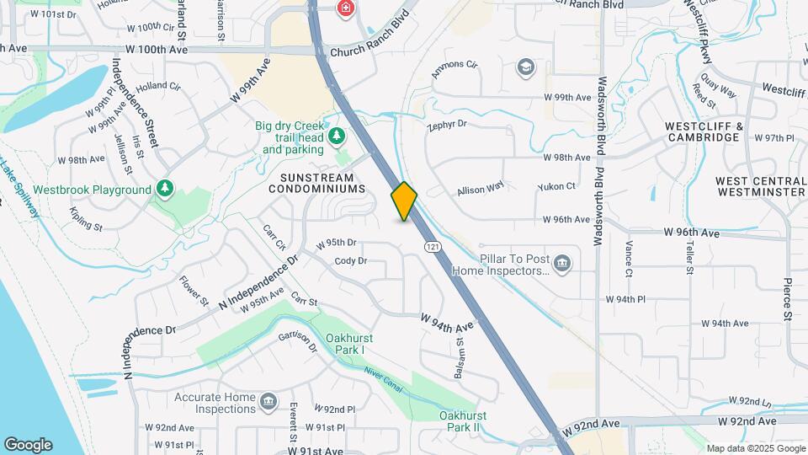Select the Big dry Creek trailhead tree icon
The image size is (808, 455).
point(337,136)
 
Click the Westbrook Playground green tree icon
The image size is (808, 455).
point(165,189)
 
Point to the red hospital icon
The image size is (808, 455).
point(345,9)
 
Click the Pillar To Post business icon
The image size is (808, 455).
point(562,265)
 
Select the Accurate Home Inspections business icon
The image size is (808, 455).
point(268,400)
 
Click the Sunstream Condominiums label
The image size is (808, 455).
point(317,183)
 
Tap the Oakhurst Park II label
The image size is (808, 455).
point(460,421)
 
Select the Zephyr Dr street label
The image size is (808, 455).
point(447,124)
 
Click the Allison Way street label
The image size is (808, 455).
point(481,190)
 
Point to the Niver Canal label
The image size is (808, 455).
point(384,380)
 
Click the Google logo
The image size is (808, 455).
point(28,444)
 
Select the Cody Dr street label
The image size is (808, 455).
point(350,261)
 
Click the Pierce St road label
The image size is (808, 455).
point(789,299)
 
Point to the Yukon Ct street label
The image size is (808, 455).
point(559,186)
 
